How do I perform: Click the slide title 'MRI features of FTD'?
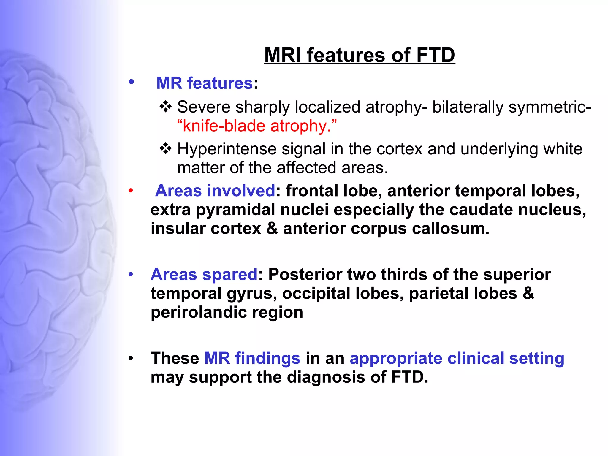click(359, 55)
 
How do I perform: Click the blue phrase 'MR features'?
click(204, 83)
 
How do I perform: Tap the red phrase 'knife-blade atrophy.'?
click(257, 126)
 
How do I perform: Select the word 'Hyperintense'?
click(227, 149)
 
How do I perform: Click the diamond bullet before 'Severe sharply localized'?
click(165, 107)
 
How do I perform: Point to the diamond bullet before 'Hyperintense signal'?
click(165, 148)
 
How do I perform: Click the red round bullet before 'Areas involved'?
click(131, 191)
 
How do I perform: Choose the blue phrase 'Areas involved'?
click(215, 191)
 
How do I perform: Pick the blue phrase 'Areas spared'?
click(204, 274)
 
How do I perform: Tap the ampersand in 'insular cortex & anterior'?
click(272, 229)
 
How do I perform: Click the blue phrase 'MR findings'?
click(252, 358)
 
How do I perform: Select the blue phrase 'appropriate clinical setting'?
click(457, 358)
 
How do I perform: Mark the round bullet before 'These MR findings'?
click(131, 358)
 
